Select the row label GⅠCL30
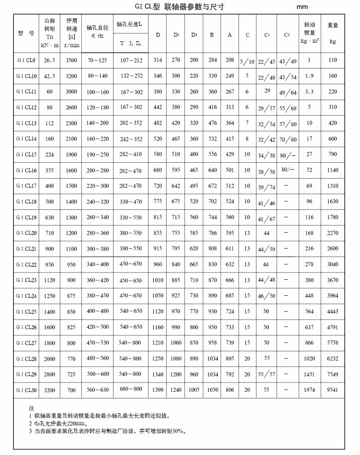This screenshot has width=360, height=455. [27, 390]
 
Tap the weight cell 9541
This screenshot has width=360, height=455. [333, 390]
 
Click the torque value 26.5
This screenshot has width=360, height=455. [50, 61]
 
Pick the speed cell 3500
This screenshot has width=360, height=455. [71, 61]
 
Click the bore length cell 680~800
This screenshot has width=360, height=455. [131, 390]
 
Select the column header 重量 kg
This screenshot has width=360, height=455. [333, 33]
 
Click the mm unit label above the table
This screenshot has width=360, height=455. [302, 8]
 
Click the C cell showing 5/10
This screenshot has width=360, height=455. [247, 62]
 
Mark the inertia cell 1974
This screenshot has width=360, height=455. [309, 390]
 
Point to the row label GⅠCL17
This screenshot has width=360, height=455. [27, 186]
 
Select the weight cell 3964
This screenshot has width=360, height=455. [333, 296]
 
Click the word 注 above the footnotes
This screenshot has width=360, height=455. [32, 408]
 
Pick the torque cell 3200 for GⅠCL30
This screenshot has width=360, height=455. [50, 390]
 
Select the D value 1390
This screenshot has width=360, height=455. [158, 390]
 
